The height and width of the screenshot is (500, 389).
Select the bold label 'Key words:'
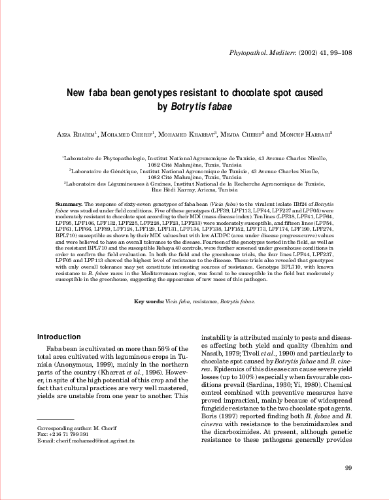(149, 301)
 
